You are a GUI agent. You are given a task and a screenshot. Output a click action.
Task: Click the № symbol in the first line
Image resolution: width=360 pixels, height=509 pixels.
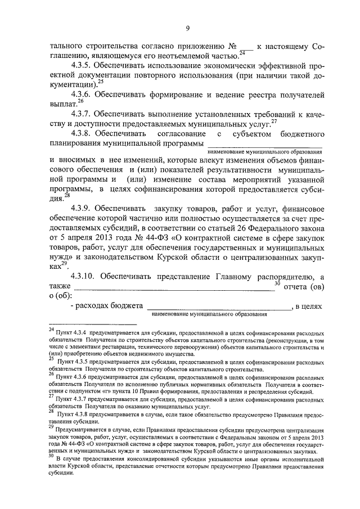[x=231, y=46]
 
